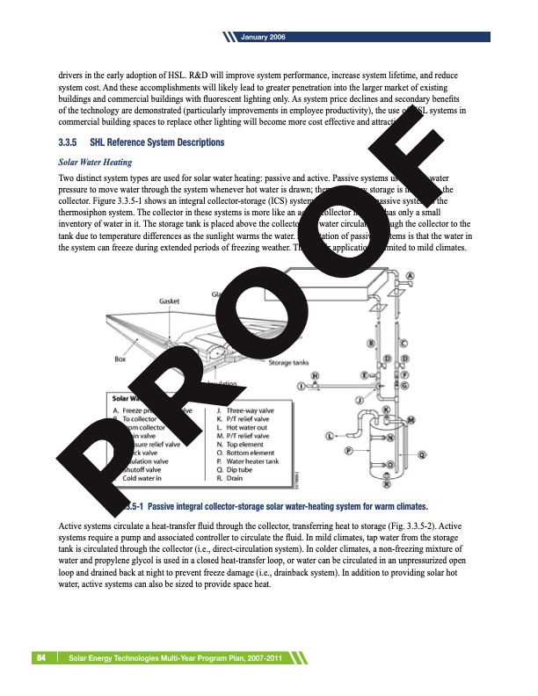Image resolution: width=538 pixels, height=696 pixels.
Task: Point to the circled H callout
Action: click(316, 376)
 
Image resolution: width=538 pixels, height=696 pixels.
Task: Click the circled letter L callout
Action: click(330, 435)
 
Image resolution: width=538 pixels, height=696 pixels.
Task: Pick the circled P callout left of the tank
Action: click(349, 451)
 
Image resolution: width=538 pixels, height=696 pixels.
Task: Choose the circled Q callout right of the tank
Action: click(421, 454)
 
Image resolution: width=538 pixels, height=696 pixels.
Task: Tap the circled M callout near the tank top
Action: click(411, 421)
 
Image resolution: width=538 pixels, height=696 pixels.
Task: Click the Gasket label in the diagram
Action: click(171, 301)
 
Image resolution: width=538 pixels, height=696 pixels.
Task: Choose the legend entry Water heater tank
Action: click(252, 460)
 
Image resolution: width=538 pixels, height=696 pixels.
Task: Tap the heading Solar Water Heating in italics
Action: click(95, 162)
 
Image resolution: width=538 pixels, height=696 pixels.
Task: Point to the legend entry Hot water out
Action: click(245, 427)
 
